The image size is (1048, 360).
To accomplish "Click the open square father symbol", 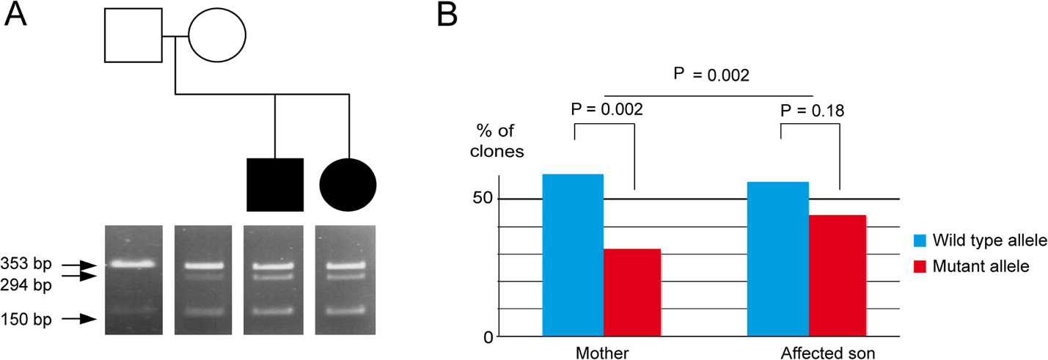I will point(133,35).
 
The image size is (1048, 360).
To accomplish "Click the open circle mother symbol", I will point(217,35).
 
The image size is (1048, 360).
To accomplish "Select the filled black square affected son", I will point(275,185).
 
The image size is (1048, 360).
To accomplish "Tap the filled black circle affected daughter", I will point(348,185).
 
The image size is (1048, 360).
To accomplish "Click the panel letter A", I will point(15,15).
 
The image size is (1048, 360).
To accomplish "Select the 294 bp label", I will point(26,284).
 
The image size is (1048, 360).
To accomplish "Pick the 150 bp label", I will point(26,319).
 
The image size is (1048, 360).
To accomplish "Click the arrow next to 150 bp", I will point(79,319).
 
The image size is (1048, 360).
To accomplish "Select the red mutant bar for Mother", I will point(632,293).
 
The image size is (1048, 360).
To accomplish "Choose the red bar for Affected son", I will point(838,276).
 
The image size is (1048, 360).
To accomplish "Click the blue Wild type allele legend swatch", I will point(920,240).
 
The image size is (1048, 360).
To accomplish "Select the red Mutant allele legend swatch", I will point(920,267).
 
